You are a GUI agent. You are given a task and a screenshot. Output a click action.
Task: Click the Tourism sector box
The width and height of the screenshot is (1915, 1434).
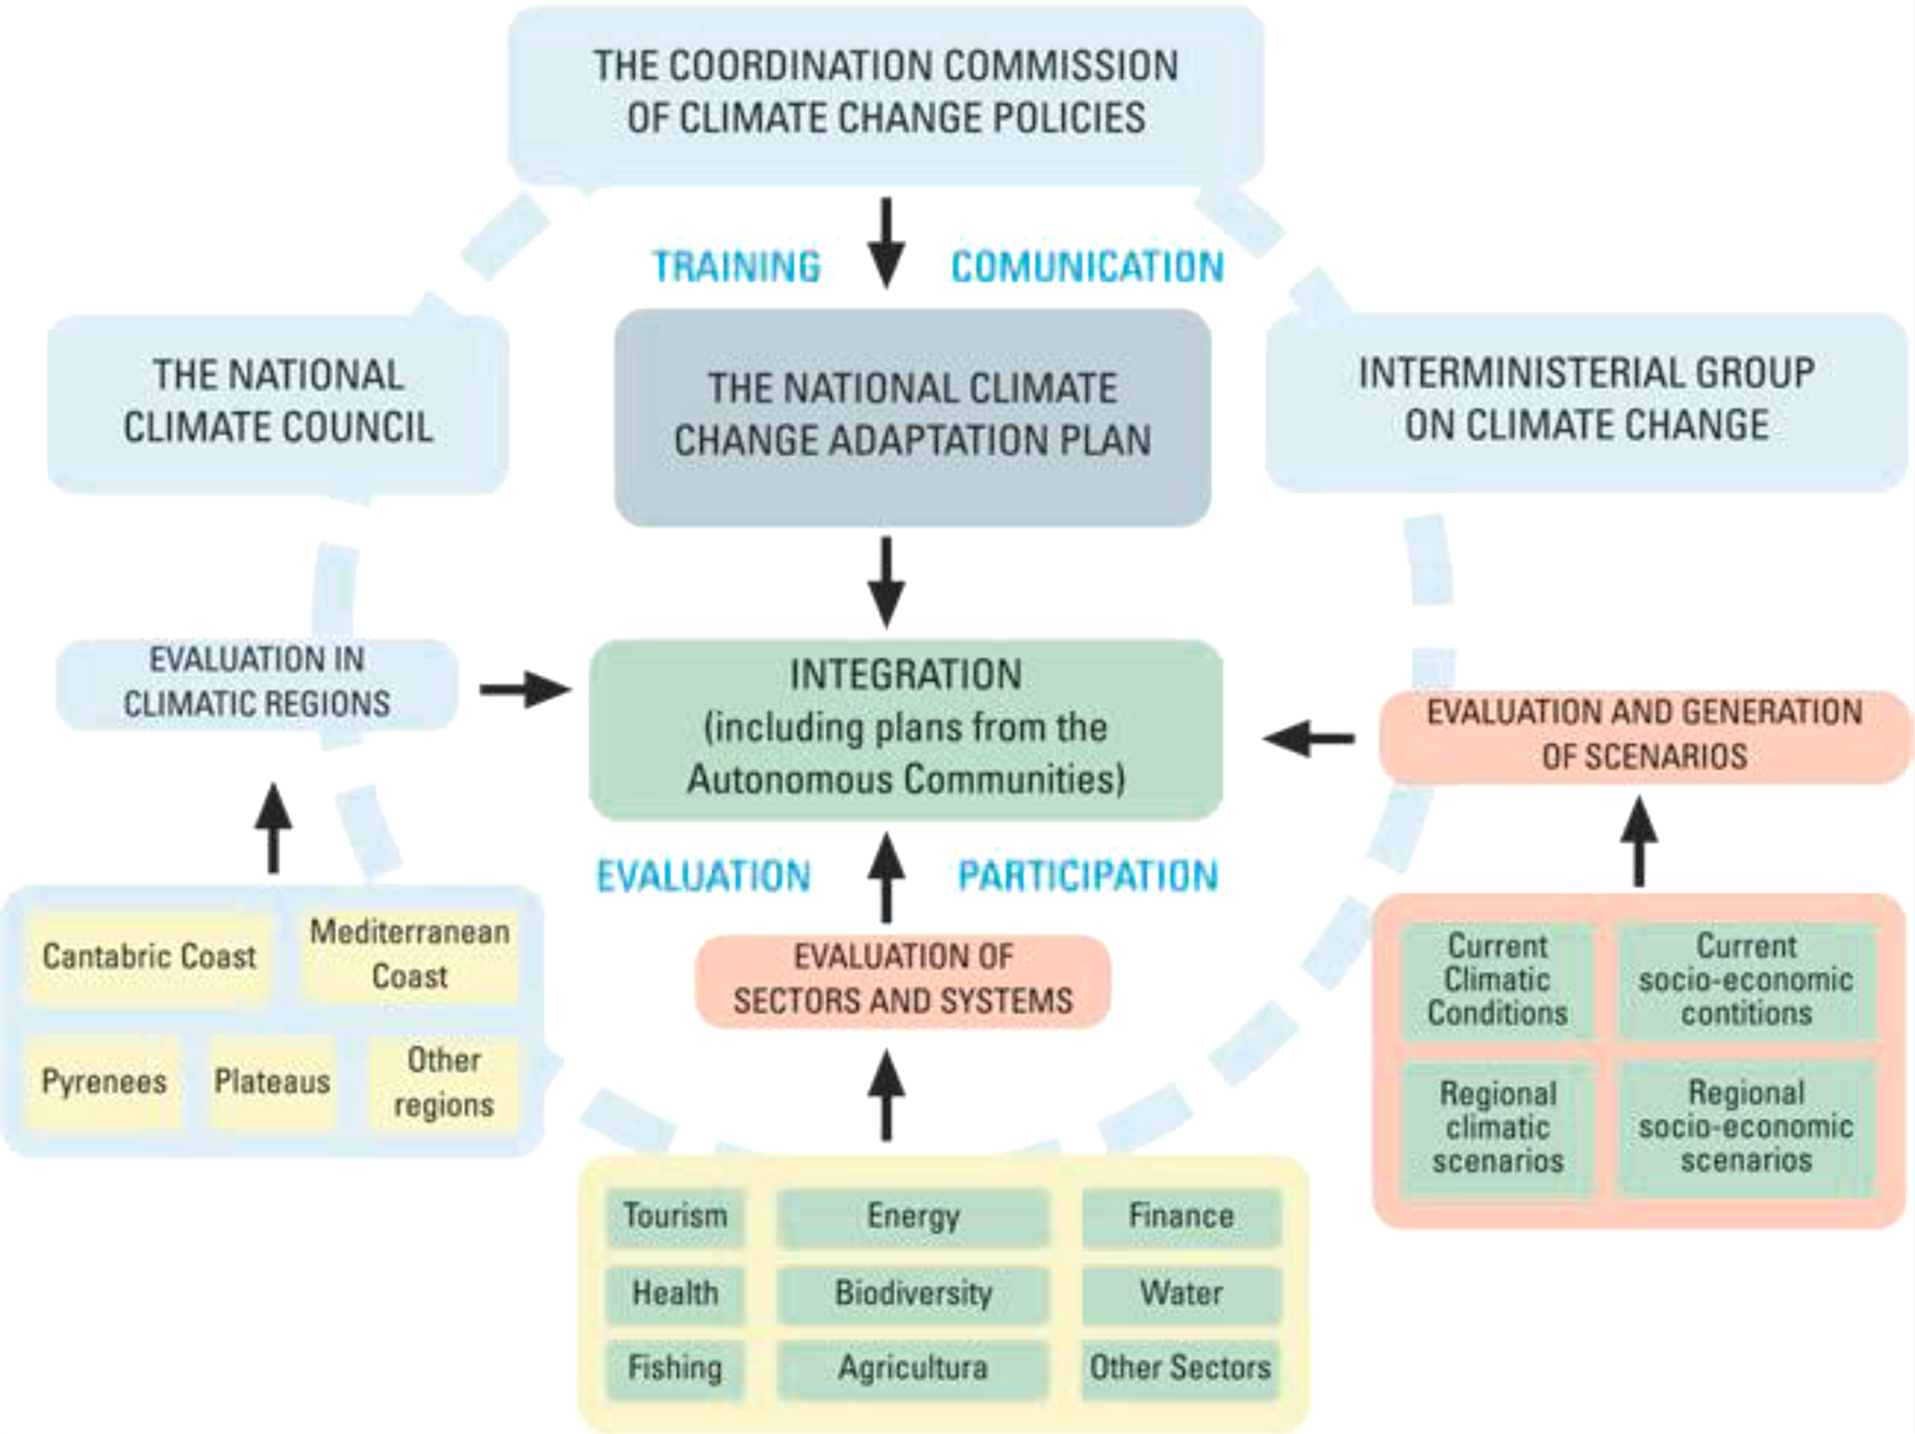[674, 1216]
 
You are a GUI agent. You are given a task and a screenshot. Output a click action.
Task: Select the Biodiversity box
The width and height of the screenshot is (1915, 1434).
[913, 1293]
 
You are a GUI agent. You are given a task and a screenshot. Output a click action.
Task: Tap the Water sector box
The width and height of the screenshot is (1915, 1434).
[1180, 1293]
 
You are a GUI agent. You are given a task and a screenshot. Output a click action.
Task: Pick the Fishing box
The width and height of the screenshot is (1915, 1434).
[674, 1368]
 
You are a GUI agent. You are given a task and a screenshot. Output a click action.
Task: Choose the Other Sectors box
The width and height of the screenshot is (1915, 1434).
[1179, 1368]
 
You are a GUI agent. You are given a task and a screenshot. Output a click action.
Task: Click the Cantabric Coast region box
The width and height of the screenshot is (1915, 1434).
[149, 957]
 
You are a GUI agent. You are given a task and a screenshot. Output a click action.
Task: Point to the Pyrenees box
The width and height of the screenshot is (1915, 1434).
[104, 1082]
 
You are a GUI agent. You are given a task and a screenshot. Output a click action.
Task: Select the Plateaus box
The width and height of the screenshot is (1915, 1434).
[271, 1082]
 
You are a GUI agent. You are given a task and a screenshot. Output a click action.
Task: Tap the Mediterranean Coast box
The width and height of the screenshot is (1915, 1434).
[409, 955]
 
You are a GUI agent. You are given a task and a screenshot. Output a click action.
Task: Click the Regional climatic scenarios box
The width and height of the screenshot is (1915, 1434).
[1497, 1127]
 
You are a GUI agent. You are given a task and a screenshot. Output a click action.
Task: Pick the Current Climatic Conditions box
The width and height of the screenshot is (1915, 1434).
[1497, 980]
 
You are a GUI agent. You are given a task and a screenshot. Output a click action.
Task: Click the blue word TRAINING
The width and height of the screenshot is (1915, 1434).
[737, 267]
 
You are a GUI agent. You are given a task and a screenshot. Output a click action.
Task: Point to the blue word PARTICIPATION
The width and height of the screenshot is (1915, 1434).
[1088, 876]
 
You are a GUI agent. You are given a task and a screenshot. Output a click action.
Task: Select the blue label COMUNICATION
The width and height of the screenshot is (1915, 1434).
[1088, 267]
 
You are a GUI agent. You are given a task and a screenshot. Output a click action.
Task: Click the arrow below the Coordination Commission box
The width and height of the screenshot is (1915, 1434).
[887, 243]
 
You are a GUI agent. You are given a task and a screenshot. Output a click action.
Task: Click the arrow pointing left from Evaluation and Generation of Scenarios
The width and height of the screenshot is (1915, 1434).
[1308, 738]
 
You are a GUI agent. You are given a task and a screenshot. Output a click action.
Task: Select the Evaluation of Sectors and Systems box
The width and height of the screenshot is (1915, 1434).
[902, 980]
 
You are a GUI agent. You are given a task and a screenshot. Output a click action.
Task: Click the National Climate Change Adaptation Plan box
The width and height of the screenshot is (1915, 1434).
[913, 417]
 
